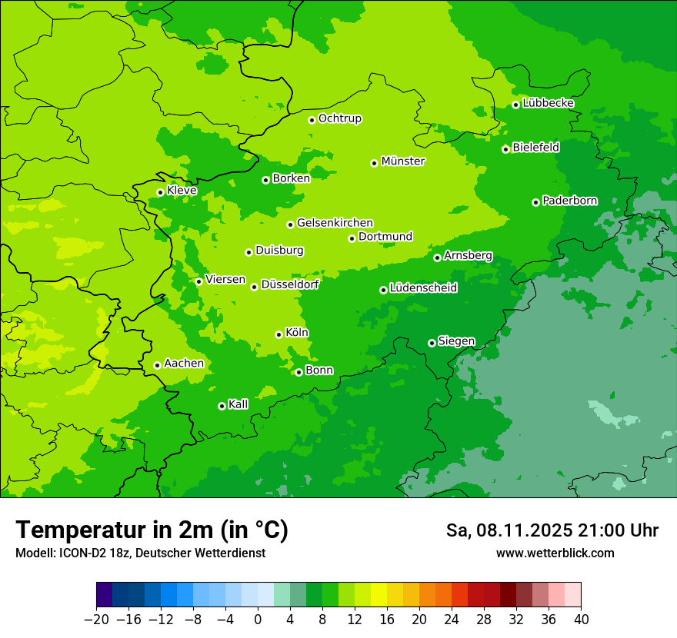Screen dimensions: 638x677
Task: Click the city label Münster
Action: point(403,161)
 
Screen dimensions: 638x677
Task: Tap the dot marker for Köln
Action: point(278,334)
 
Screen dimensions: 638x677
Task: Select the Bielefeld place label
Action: point(536,147)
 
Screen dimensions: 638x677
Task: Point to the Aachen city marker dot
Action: point(157,365)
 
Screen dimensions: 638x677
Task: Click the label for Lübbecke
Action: point(548,103)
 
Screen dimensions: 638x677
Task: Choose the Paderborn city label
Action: point(570,201)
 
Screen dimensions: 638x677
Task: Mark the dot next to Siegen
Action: point(432,343)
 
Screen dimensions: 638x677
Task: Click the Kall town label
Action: point(238,404)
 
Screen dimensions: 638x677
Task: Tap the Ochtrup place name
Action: point(340,118)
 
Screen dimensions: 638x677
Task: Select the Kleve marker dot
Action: point(160,192)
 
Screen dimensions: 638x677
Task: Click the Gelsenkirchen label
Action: point(335,223)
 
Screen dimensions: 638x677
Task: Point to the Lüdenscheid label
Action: point(423,288)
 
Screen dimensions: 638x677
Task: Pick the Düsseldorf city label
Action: point(290,284)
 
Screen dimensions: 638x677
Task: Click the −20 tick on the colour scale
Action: point(96,620)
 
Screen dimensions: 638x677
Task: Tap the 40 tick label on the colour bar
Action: point(581,620)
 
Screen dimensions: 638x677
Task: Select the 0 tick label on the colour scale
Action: point(258,620)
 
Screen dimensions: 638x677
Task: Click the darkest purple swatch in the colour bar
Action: point(105,595)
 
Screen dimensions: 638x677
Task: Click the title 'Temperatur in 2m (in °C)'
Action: point(152,530)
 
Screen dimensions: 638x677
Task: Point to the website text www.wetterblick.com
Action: point(555,553)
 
